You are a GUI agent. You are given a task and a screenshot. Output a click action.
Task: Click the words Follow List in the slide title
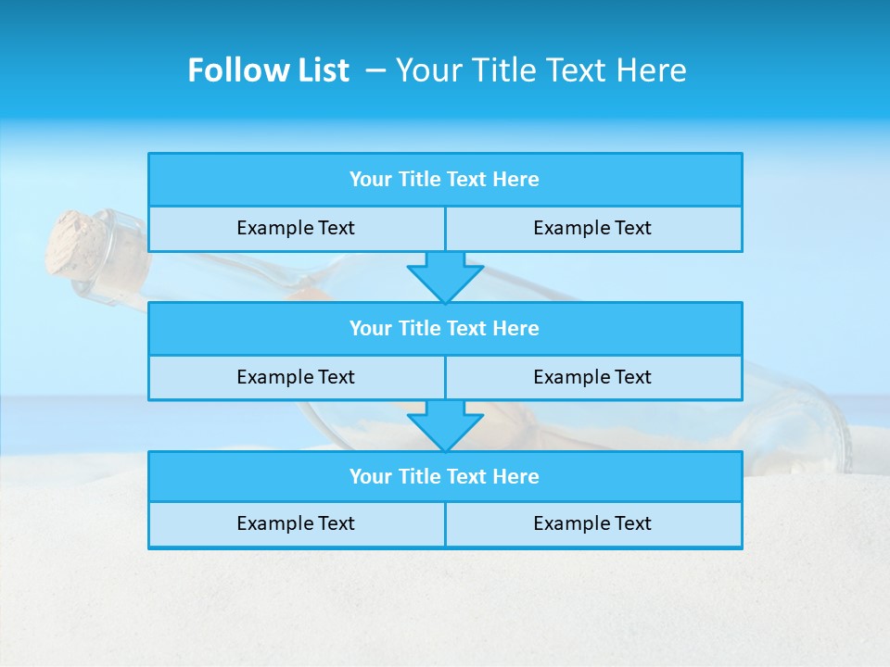point(268,70)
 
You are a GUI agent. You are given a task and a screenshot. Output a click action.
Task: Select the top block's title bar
point(445,180)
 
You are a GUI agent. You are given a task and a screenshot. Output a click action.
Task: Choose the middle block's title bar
point(445,328)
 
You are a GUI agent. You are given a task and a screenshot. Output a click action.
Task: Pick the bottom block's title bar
point(445,476)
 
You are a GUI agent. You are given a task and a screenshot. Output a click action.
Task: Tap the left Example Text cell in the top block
point(296,228)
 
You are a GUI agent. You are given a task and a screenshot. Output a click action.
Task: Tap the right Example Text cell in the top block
point(592,228)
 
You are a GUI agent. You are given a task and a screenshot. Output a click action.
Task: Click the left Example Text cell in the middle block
point(296,377)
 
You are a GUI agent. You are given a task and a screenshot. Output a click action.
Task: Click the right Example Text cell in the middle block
point(592,377)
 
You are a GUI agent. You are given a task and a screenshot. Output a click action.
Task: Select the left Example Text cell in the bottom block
point(296,523)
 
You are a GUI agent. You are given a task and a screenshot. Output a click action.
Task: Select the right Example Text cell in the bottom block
point(592,523)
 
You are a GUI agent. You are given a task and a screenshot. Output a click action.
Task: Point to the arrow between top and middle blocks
point(445,276)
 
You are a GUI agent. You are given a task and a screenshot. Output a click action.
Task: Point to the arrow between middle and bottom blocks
point(445,425)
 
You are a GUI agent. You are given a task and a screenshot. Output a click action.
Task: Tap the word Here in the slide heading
point(655,70)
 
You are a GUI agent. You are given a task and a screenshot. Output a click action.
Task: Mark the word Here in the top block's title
point(515,180)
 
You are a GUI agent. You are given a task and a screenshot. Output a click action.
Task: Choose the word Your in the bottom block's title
point(371,476)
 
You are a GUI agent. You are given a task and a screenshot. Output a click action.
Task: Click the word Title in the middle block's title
point(419,328)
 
